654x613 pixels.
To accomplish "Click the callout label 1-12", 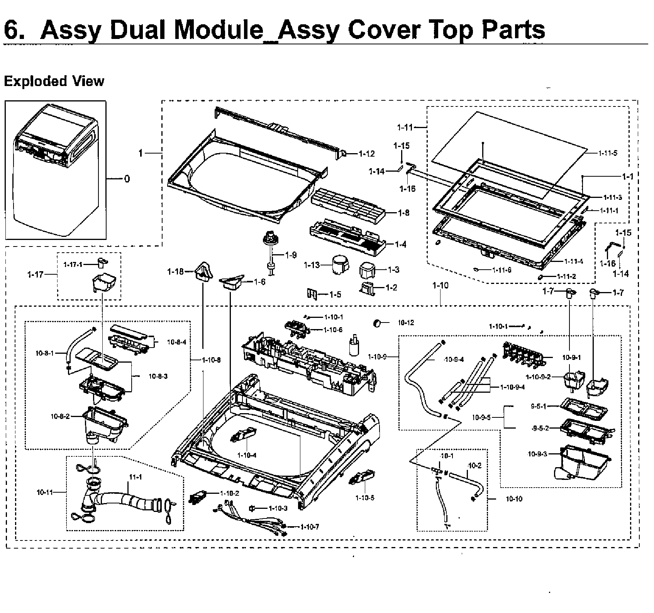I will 366,154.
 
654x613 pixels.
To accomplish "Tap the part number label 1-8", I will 404,213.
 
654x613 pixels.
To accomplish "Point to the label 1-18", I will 175,272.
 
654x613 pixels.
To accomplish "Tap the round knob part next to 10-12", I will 377,323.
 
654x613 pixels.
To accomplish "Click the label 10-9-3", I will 537,454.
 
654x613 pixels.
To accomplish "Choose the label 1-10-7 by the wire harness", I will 308,527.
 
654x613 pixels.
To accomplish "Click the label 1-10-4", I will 247,455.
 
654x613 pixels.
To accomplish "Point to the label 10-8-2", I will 60,416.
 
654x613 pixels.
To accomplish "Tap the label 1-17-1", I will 73,264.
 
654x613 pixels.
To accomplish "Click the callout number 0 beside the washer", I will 127,179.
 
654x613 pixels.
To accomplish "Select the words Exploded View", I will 54,81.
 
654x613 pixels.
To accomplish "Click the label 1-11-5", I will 608,153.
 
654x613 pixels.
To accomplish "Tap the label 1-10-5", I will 365,498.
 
